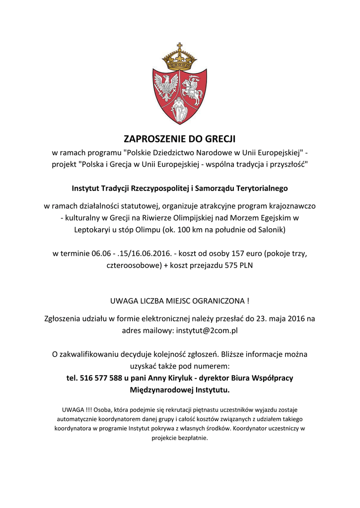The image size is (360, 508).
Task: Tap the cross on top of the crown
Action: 180,47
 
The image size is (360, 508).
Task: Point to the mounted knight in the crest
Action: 193,89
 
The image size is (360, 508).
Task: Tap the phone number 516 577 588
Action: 102,378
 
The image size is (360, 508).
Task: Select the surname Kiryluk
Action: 174,378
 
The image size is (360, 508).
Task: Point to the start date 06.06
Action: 102,254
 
